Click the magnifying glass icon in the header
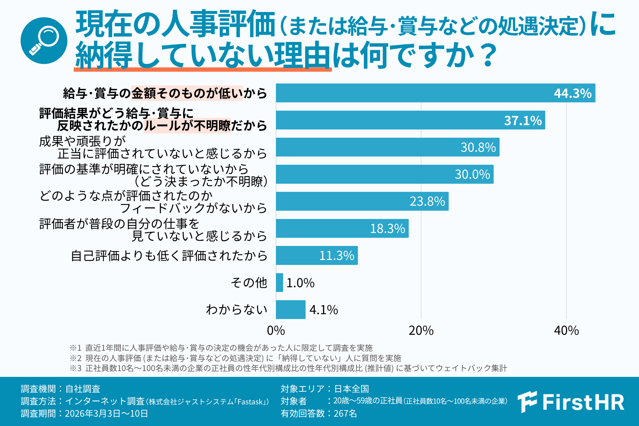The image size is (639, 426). (44, 41)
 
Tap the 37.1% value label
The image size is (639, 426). (523, 120)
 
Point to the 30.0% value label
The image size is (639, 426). (472, 174)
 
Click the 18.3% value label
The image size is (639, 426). (387, 229)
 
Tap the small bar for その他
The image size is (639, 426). (280, 283)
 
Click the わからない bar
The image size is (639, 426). (291, 310)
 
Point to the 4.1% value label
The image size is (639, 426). (323, 310)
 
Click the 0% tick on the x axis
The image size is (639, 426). (276, 330)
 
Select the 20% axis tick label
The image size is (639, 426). (421, 330)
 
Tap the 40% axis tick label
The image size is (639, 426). (566, 330)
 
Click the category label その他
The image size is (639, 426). (249, 283)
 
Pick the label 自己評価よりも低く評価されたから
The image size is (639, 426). (169, 256)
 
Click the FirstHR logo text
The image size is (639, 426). (583, 402)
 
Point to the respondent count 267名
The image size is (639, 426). (345, 413)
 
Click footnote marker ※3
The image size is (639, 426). (75, 368)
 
